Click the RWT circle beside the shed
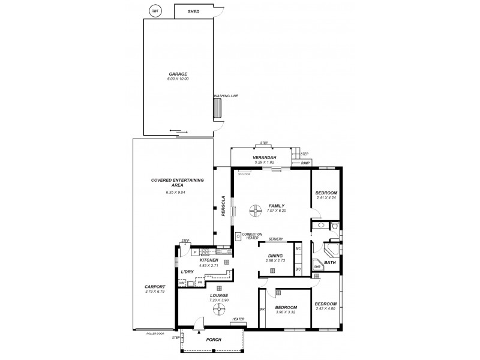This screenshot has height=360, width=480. [x=155, y=11]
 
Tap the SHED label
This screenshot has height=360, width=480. [x=193, y=11]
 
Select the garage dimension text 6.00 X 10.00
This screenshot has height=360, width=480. [x=178, y=79]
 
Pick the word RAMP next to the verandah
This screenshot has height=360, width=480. [x=305, y=163]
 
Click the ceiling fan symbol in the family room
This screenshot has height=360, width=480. [x=255, y=209]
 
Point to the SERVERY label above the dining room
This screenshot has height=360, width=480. [x=276, y=239]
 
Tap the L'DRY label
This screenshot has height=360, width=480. [x=187, y=272]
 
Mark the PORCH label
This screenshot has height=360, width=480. [x=214, y=340]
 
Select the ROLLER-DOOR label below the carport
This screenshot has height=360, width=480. [x=155, y=333]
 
